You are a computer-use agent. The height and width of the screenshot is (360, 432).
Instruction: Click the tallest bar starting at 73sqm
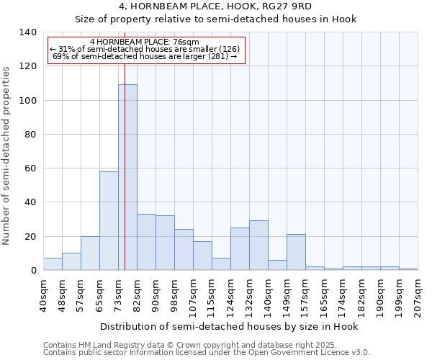coord(127,177)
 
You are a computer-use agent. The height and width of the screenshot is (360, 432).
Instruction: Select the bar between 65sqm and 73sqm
coord(109,220)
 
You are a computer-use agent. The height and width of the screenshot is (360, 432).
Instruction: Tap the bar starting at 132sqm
coord(258,245)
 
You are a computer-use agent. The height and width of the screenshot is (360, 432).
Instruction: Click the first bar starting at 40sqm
coord(53,264)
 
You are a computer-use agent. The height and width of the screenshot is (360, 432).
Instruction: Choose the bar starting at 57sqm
coord(90,253)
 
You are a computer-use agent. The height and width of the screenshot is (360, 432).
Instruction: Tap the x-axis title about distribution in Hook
coord(229,326)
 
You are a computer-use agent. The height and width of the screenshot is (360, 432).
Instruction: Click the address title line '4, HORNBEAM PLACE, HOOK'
coord(215,6)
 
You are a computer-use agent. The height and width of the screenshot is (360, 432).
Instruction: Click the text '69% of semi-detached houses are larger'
coord(145,56)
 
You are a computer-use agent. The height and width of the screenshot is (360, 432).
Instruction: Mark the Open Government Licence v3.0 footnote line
coord(207,353)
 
